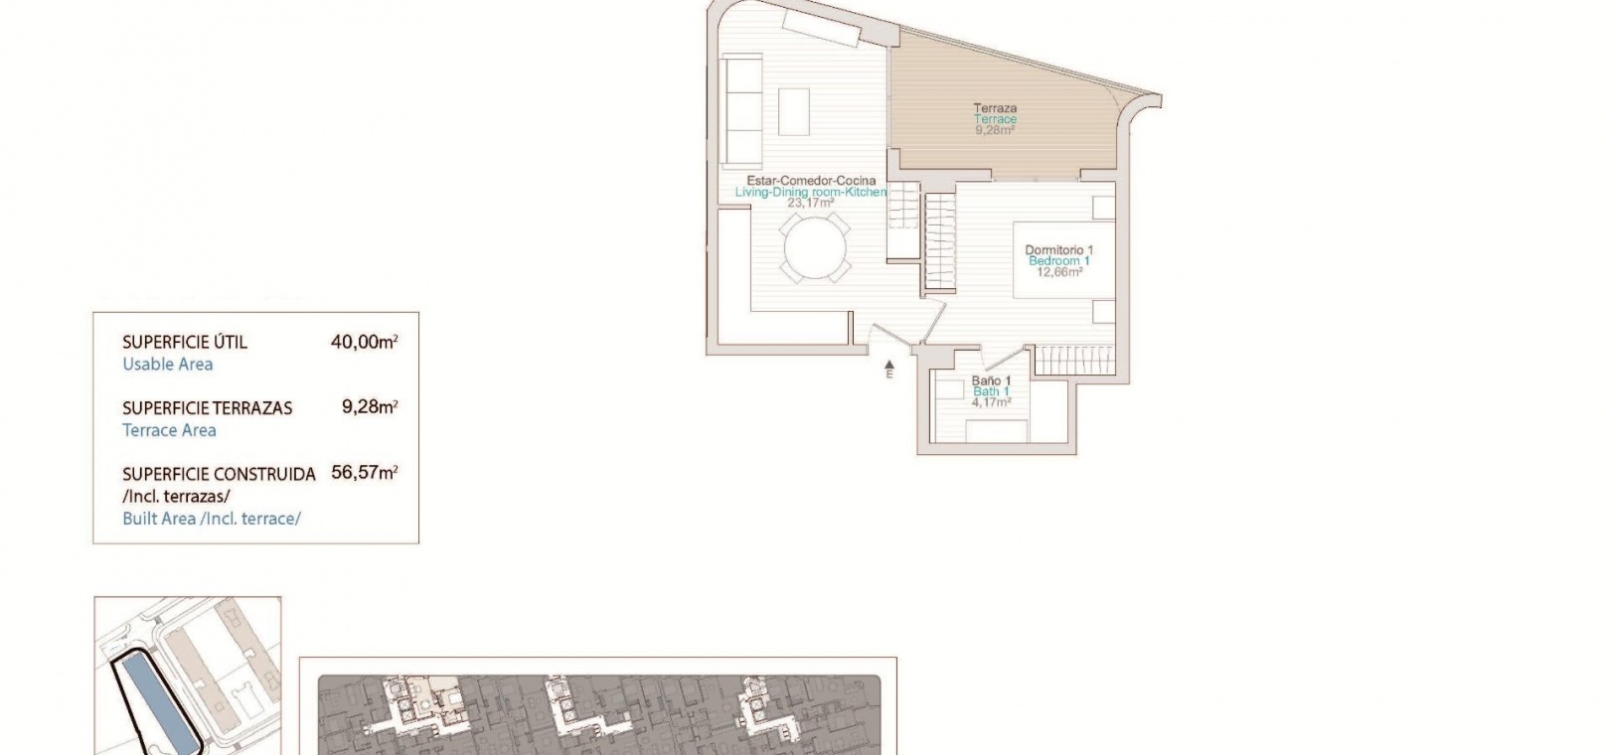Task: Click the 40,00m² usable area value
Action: [x=365, y=342]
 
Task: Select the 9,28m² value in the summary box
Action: [x=370, y=407]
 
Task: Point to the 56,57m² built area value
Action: [x=365, y=473]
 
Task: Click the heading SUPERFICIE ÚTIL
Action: [x=185, y=342]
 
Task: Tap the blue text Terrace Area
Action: [x=169, y=430]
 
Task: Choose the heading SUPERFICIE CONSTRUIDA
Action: [x=220, y=474]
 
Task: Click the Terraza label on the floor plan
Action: [x=996, y=108]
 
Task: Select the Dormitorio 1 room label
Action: [x=1059, y=250]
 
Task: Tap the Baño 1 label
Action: [x=992, y=380]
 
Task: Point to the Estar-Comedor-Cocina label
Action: [x=812, y=181]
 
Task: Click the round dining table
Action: [x=815, y=248]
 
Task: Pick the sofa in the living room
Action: [x=741, y=112]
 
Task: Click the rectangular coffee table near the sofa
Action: [x=794, y=111]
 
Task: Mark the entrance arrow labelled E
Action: [x=889, y=369]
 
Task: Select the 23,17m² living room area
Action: [x=811, y=203]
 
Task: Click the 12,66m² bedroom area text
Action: [x=1059, y=272]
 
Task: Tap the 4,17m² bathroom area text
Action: [x=991, y=402]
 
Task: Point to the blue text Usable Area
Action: [x=168, y=365]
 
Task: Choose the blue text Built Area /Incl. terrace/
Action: [x=212, y=519]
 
